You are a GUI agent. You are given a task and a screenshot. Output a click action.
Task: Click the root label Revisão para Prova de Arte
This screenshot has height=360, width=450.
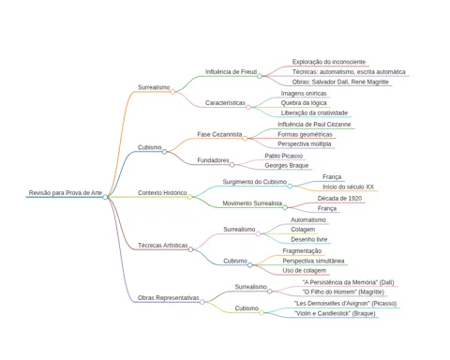[x=66, y=193]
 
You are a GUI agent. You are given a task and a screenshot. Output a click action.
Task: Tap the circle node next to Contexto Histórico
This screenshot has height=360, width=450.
[x=189, y=197]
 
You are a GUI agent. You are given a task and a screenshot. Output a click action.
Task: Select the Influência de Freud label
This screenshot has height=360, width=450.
[x=231, y=72]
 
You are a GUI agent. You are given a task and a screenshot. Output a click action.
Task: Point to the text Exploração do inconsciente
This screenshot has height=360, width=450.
[x=329, y=62]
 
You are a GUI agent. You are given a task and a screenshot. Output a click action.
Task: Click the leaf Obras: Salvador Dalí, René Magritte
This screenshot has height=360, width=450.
[x=340, y=82]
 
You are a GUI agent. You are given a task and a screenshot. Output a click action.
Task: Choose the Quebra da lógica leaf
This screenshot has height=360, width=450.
[x=304, y=103]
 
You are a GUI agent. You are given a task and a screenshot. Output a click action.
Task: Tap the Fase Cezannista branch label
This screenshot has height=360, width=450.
[x=219, y=134]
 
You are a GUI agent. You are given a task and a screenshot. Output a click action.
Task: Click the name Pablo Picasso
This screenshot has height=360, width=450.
[x=284, y=156]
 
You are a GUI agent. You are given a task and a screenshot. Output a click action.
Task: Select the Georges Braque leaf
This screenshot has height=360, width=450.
[x=287, y=166]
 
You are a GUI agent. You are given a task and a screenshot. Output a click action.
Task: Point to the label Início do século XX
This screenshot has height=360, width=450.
[x=348, y=187]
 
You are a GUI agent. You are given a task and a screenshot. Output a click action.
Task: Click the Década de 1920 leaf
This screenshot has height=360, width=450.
[x=339, y=199]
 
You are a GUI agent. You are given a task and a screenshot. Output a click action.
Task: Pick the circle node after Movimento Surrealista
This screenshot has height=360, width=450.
[x=285, y=207]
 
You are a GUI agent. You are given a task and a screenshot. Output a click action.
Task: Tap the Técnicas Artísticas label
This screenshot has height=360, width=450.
[x=163, y=246]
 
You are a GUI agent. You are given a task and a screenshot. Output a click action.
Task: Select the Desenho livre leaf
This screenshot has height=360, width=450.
[x=309, y=239]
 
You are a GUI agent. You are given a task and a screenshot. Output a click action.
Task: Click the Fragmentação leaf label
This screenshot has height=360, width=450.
[x=302, y=251]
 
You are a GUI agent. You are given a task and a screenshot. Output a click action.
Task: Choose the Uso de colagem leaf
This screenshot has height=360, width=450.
[x=300, y=270]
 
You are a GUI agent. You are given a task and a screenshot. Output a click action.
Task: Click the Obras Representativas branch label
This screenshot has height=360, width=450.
[x=169, y=298]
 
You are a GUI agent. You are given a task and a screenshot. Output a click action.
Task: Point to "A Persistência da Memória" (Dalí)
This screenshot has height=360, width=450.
[x=348, y=282]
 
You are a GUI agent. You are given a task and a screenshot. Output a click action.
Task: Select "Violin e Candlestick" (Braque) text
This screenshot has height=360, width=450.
[x=335, y=313]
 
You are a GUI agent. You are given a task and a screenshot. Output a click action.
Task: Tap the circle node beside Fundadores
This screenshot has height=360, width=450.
[x=232, y=165]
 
